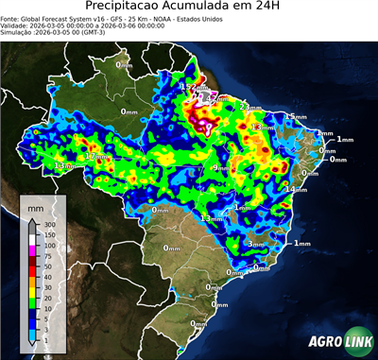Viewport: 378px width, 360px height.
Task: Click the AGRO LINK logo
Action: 335,341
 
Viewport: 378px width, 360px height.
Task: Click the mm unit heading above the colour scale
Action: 35,205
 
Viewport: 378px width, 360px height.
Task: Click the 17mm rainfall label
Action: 95,156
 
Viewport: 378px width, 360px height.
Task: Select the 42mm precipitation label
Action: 209,97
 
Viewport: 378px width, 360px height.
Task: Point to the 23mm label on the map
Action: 249,107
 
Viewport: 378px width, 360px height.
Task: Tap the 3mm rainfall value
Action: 254,244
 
